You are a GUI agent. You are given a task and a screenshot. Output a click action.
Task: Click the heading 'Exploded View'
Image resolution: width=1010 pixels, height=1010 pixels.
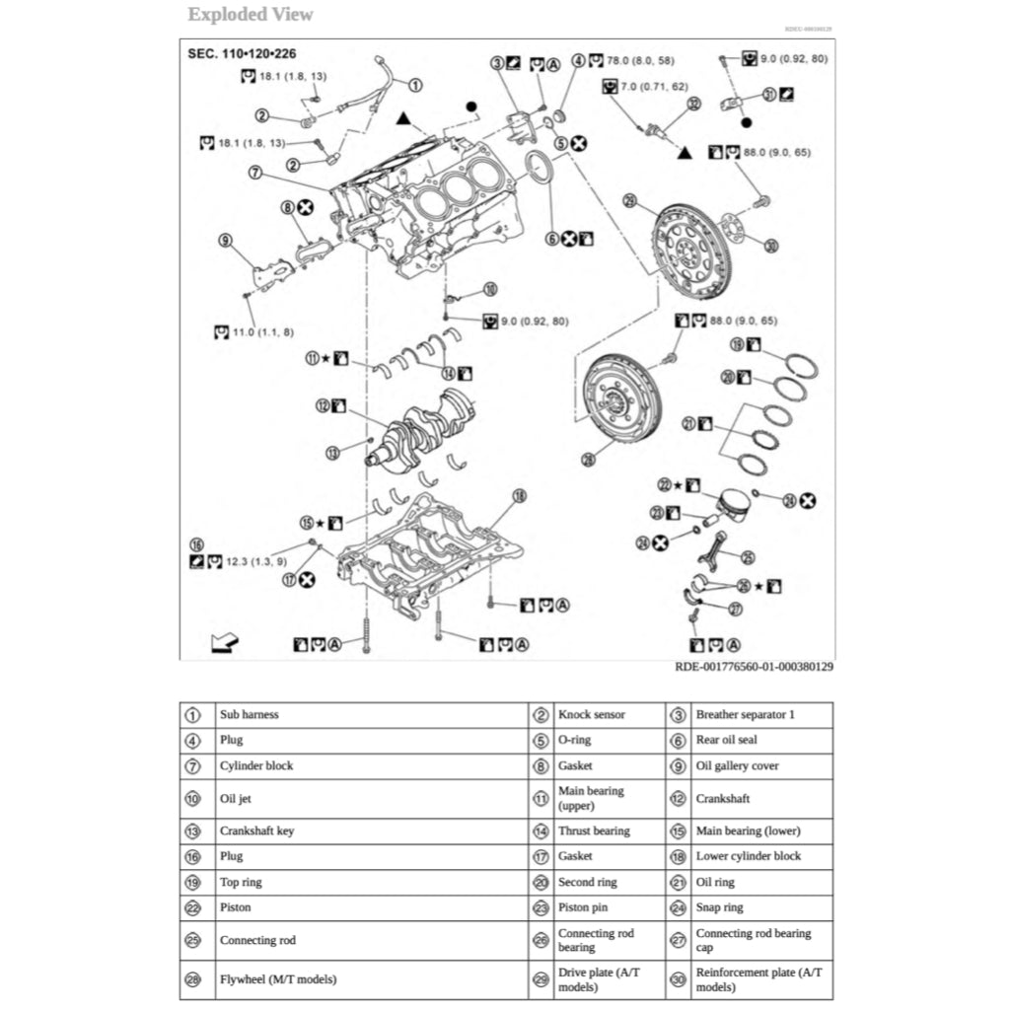(x=251, y=15)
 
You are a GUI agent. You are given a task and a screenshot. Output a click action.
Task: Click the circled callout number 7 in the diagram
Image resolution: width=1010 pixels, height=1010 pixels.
(x=254, y=172)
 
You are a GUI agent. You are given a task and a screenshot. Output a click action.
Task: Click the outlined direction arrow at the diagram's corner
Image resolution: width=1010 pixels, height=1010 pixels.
(x=225, y=642)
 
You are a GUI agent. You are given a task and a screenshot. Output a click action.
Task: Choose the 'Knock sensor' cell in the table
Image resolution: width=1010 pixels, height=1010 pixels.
(x=592, y=715)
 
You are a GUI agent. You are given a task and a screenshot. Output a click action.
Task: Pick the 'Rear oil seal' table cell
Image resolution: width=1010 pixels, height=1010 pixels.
(x=727, y=741)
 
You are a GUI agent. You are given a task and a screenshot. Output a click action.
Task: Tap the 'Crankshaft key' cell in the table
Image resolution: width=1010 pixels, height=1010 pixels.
(x=256, y=831)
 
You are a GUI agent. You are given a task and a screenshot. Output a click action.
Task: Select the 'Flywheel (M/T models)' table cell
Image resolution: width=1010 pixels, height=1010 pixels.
(x=277, y=980)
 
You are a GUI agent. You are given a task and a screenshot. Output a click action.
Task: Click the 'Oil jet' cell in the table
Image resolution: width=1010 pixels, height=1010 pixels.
(x=235, y=799)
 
